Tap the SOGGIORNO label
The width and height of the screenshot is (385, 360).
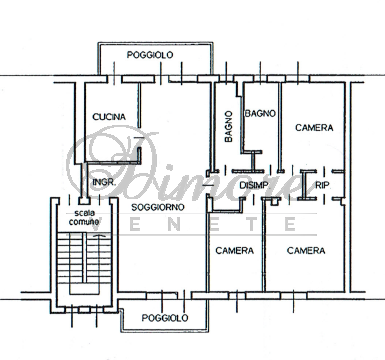click(x=158, y=207)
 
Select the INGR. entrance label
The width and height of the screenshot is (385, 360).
click(x=104, y=182)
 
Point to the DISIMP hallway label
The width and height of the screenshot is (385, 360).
click(x=254, y=185)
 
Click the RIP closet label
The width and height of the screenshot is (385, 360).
click(x=322, y=185)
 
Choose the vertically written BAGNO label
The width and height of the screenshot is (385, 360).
click(x=229, y=127)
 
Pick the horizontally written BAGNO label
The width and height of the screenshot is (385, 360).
click(x=260, y=114)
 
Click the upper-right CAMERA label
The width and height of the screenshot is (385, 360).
click(x=314, y=128)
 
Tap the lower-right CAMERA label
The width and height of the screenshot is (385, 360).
click(x=306, y=251)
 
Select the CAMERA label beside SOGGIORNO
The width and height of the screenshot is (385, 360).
click(x=235, y=251)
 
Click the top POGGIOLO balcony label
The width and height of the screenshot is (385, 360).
click(x=150, y=55)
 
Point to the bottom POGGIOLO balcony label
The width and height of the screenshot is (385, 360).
click(x=165, y=318)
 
